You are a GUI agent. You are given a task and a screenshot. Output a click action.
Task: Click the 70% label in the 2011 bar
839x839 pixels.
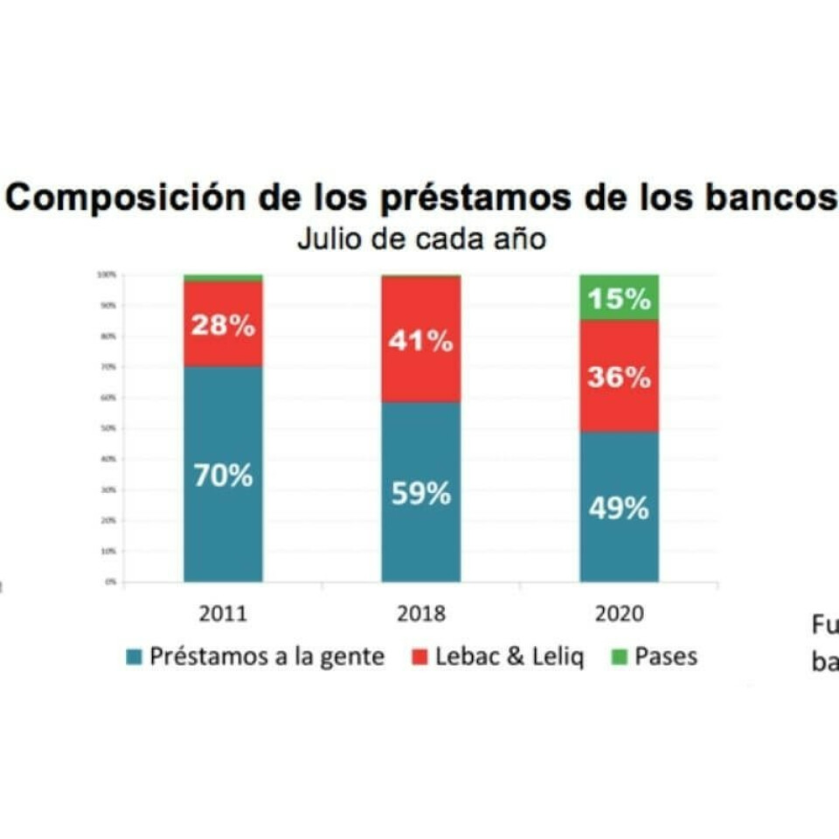(x=223, y=476)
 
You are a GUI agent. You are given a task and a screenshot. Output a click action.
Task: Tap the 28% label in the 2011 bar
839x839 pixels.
(x=223, y=327)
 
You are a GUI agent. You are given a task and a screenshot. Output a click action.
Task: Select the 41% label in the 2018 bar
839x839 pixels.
(x=420, y=341)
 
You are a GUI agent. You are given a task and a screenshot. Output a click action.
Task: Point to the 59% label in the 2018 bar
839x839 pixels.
(x=420, y=494)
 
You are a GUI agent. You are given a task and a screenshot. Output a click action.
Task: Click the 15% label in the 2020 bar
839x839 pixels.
(x=619, y=299)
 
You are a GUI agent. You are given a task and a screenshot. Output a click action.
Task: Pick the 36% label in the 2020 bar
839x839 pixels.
(x=619, y=378)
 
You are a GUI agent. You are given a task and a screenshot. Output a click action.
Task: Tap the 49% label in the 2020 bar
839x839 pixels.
(x=619, y=508)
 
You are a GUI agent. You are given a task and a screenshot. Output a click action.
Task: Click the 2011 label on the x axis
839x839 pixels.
(x=223, y=614)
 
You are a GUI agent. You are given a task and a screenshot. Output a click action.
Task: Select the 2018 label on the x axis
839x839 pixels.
(x=420, y=614)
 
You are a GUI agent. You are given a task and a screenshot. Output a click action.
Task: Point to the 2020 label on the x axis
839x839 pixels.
(x=619, y=614)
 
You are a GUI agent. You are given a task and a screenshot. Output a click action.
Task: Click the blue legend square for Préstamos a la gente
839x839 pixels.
(x=134, y=657)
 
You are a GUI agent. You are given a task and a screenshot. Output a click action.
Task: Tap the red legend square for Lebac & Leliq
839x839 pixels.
(x=419, y=657)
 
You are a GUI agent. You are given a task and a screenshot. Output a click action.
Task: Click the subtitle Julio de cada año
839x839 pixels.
(x=421, y=239)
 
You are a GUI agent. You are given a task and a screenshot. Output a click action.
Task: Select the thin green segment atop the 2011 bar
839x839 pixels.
(x=223, y=278)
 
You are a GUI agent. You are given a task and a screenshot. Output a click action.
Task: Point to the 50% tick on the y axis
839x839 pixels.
(x=111, y=428)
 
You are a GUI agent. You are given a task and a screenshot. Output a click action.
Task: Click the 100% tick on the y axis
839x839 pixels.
(x=107, y=274)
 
